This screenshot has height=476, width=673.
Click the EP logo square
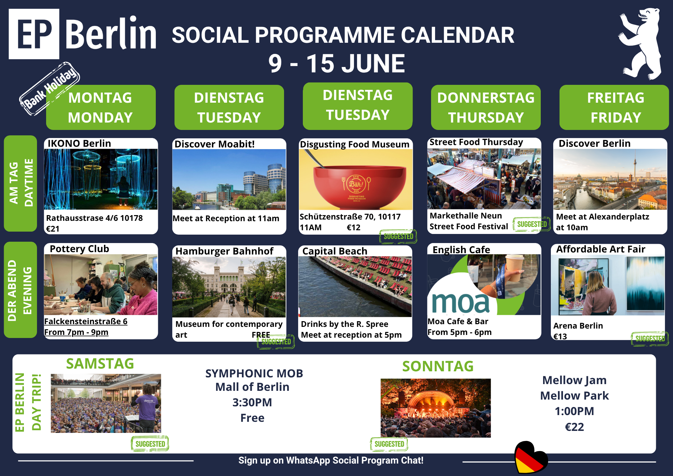click(x=34, y=34)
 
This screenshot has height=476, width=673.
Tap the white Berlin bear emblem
click(x=640, y=44)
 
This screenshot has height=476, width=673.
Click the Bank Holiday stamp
click(x=49, y=89)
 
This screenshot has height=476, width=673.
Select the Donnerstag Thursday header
click(x=486, y=107)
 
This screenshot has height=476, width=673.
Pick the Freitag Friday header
click(x=614, y=107)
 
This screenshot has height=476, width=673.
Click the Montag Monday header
click(x=101, y=107)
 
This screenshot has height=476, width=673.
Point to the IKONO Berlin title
click(x=79, y=143)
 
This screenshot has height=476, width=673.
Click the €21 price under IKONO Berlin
click(x=53, y=229)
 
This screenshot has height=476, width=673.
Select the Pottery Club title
click(x=79, y=249)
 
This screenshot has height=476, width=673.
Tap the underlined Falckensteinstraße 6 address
click(x=86, y=321)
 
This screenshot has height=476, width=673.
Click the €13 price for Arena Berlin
click(x=560, y=337)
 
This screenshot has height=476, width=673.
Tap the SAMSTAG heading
click(x=100, y=364)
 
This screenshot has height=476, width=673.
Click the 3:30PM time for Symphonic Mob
click(x=252, y=403)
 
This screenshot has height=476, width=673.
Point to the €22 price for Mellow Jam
click(x=574, y=427)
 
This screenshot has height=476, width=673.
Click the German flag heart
click(x=531, y=457)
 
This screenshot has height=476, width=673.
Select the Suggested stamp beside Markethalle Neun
click(x=532, y=224)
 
